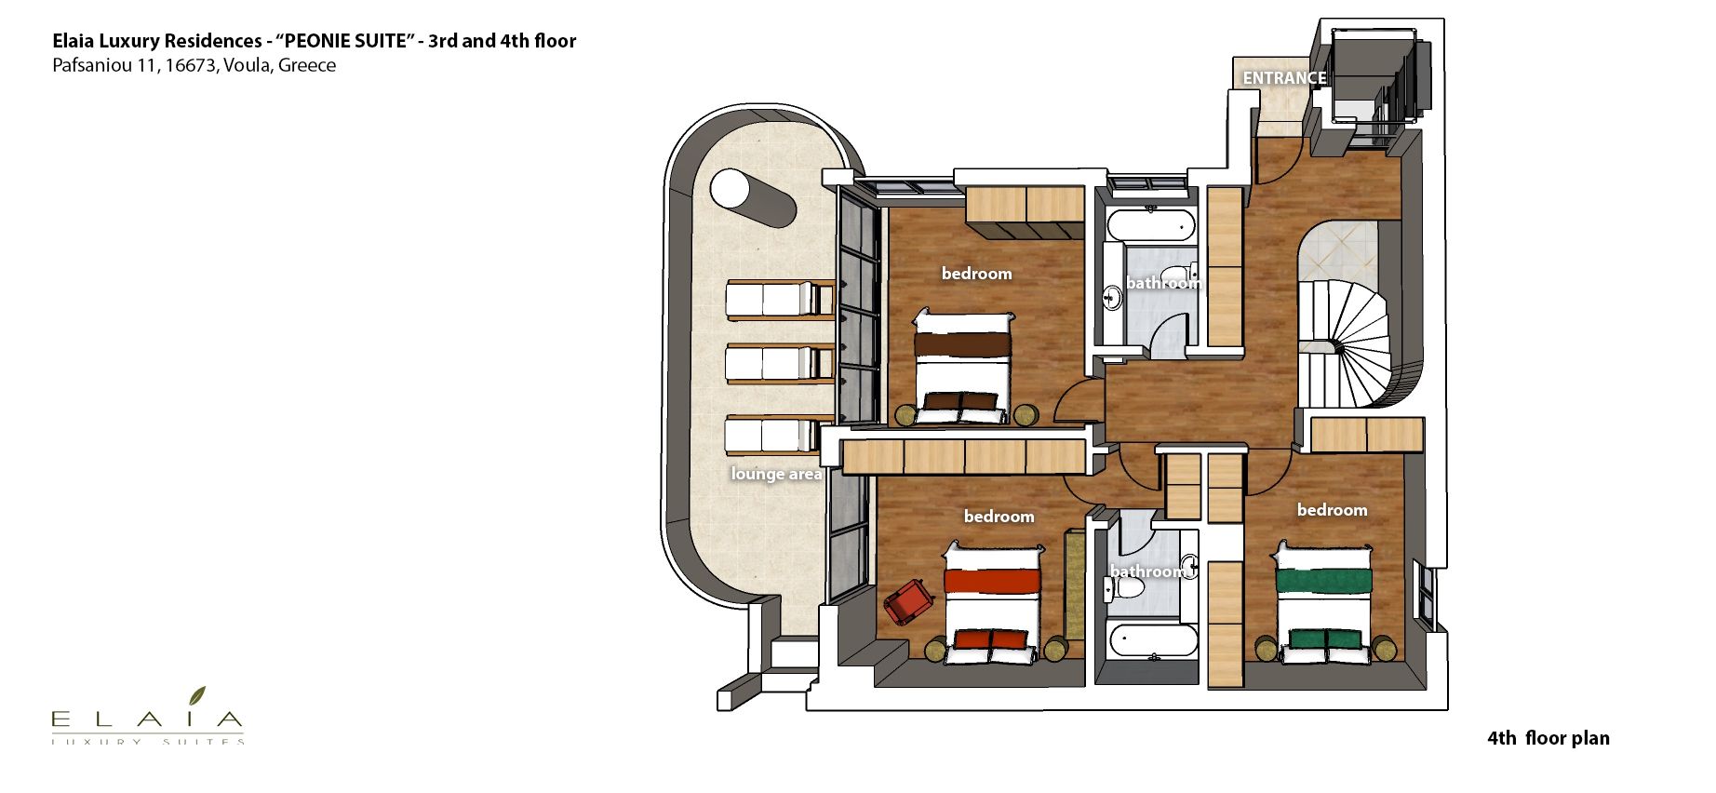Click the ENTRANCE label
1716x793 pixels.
coord(1284,78)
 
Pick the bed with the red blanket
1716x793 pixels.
coord(992,603)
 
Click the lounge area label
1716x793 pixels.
coord(777,474)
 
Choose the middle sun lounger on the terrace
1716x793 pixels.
coord(779,364)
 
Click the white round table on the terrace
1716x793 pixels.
coord(731,190)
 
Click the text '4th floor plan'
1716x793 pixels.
coord(1548,738)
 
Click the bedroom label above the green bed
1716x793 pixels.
coord(1333,510)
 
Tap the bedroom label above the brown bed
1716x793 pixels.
coord(976,274)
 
